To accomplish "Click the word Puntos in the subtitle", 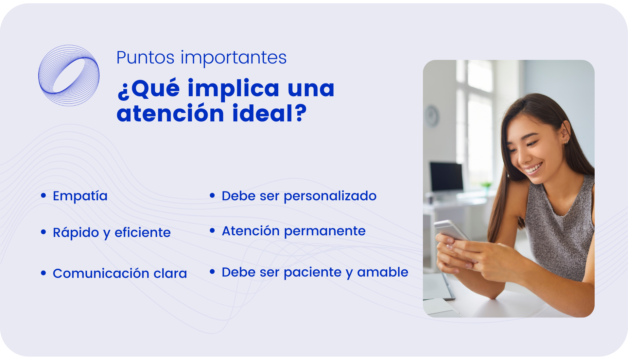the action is [x=146, y=58].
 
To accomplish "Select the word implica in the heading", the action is [x=234, y=89].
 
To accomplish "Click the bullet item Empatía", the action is [x=80, y=196].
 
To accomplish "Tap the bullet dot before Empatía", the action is [x=44, y=195].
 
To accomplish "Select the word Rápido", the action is [x=76, y=232].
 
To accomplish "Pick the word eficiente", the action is [x=143, y=233].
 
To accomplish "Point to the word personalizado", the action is [x=330, y=196].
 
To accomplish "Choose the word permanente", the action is [x=325, y=231].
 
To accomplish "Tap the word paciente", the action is [x=313, y=272].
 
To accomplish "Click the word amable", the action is [x=383, y=272].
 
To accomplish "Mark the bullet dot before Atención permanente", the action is [x=212, y=231].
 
